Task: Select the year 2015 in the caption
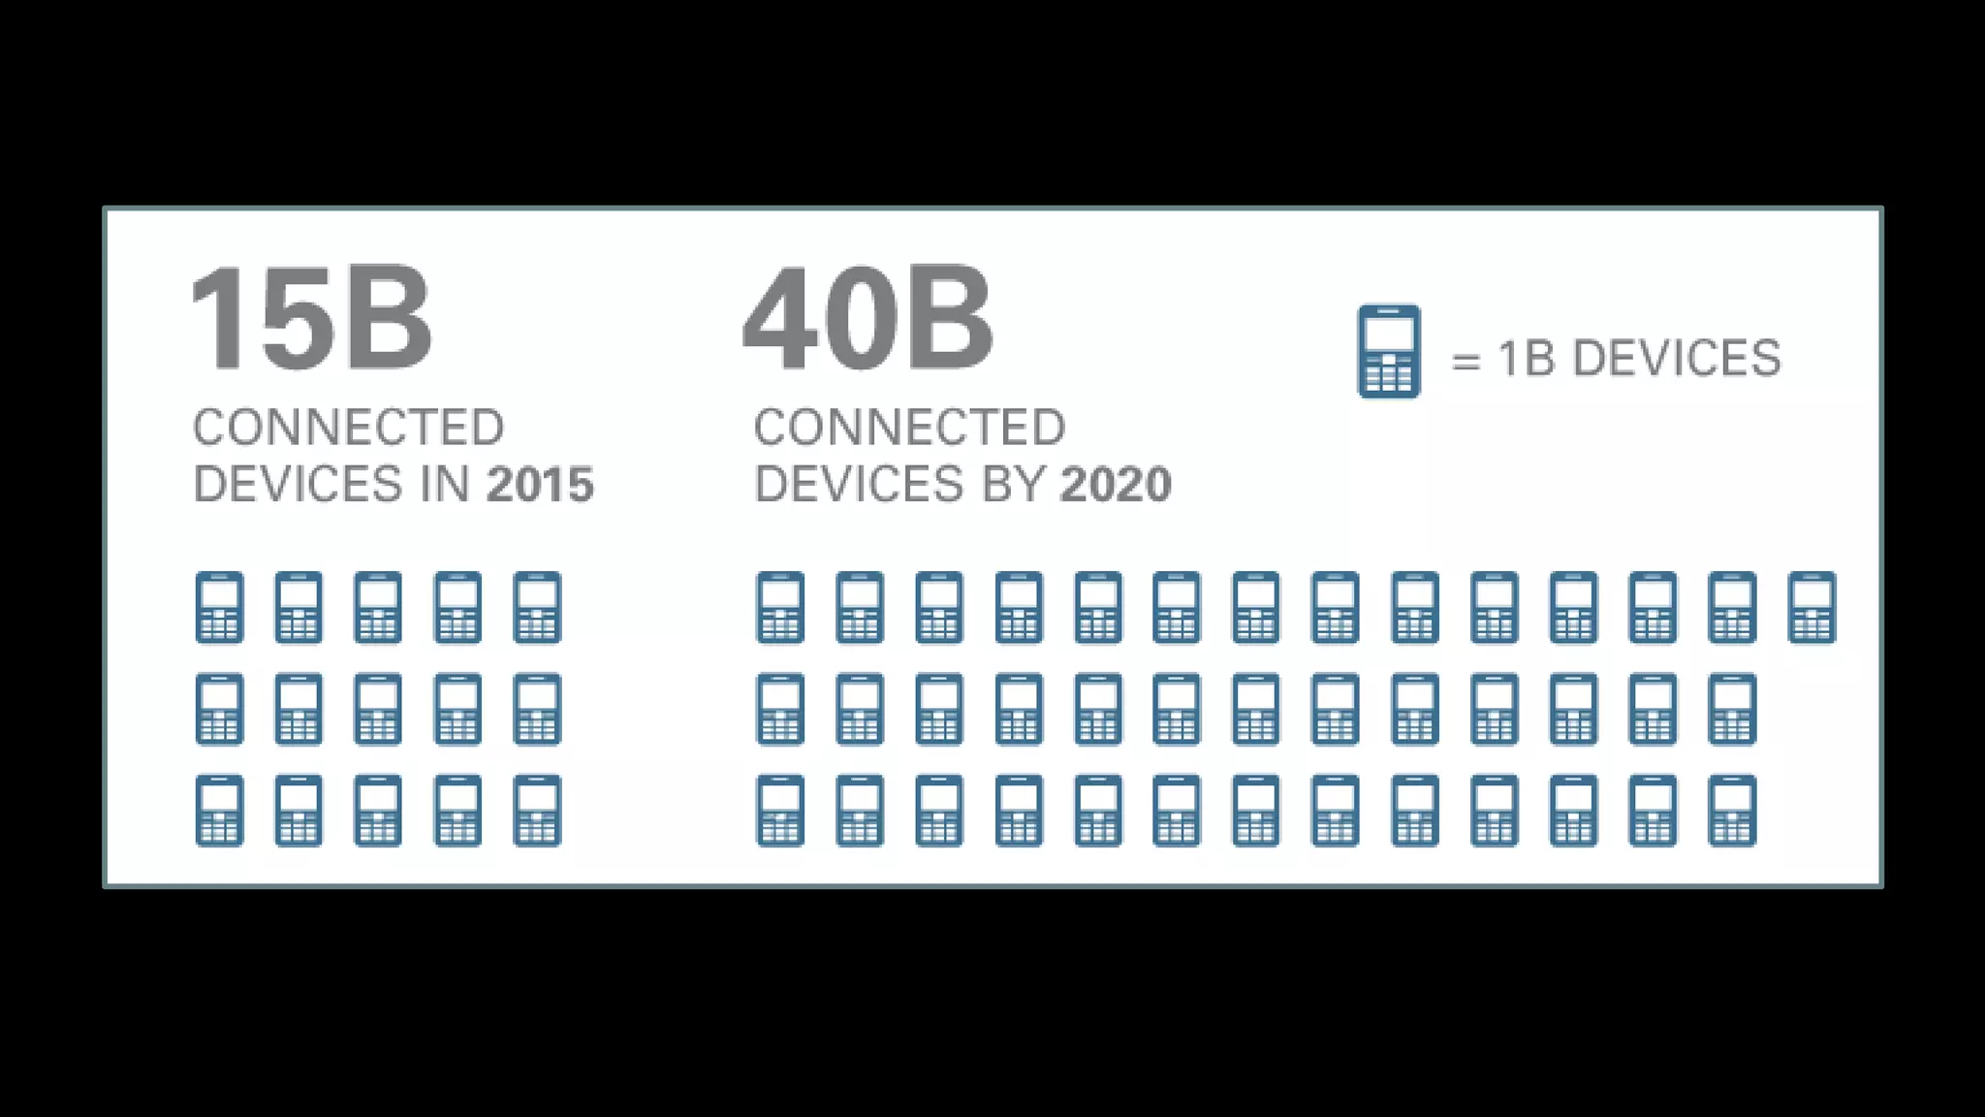click(x=540, y=484)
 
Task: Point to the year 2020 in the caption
click(x=1116, y=484)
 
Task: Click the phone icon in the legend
click(x=1388, y=351)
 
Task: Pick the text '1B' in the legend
click(x=1527, y=358)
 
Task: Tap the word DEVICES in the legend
click(x=1677, y=358)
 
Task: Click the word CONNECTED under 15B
click(x=349, y=428)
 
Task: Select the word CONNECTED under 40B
click(x=909, y=428)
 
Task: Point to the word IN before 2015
click(x=446, y=484)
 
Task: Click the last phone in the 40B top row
click(x=1812, y=608)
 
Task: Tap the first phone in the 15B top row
click(x=219, y=608)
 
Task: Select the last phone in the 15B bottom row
click(x=537, y=811)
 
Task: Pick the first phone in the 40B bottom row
click(x=780, y=811)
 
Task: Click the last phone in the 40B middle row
click(x=1732, y=710)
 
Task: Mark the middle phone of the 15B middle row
click(x=378, y=710)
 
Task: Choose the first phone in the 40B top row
click(x=780, y=608)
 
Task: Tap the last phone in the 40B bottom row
click(x=1732, y=811)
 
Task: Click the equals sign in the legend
click(x=1465, y=361)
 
